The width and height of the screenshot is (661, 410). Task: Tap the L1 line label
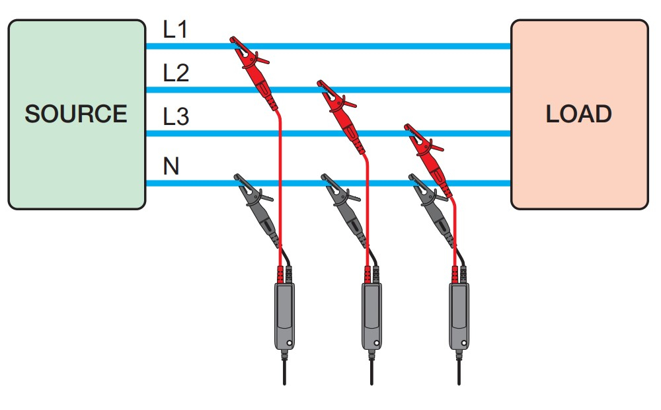[x=176, y=30]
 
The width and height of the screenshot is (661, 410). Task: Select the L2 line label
[x=176, y=73]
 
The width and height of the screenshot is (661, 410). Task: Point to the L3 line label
[x=176, y=118]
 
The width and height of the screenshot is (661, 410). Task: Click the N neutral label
[x=171, y=166]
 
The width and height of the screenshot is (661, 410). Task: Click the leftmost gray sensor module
[x=284, y=315]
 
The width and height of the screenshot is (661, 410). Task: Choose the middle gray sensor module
[x=371, y=315]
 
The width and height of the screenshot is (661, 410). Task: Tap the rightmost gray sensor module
[x=458, y=315]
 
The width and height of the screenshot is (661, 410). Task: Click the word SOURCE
[x=76, y=114]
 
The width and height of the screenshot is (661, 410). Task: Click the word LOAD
[x=579, y=114]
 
